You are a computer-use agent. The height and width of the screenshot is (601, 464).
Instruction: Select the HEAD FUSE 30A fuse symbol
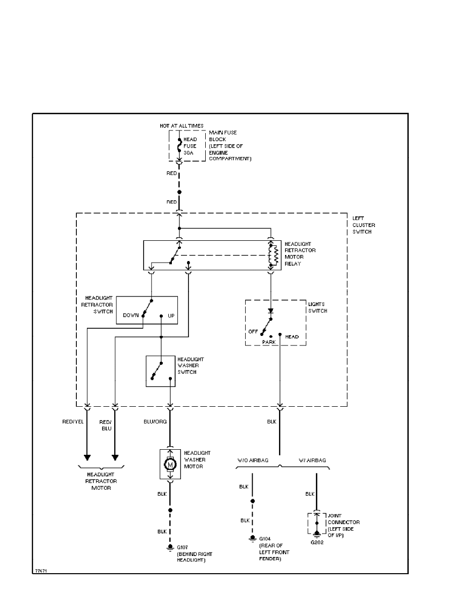[x=179, y=146]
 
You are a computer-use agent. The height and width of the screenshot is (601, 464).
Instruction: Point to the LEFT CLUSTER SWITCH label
[x=363, y=225]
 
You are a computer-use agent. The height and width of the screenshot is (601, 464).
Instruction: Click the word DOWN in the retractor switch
[x=130, y=315]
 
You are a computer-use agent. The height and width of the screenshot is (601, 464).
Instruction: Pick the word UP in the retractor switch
[x=171, y=315]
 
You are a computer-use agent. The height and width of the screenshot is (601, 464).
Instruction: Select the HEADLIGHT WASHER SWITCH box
[x=161, y=371]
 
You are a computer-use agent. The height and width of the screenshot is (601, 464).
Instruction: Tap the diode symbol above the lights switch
[x=271, y=311]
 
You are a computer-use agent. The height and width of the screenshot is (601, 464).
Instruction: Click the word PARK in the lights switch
[x=269, y=342]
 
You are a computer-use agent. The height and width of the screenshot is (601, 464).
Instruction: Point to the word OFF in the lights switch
[x=253, y=332]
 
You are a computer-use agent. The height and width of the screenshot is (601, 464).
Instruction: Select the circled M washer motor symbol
[x=170, y=464]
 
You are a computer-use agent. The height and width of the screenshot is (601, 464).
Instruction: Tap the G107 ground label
[x=182, y=547]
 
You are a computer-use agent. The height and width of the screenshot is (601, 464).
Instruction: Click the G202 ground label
[x=316, y=542]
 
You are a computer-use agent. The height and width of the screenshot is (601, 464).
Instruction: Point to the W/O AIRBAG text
[x=252, y=460]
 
